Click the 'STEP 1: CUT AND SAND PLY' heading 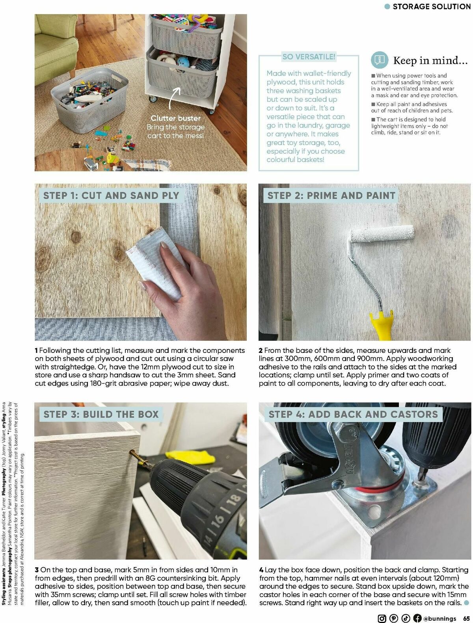tap(111, 196)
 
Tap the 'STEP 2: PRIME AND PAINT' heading tap(331, 196)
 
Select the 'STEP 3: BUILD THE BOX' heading tap(101, 414)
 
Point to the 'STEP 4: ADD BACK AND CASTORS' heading tap(353, 414)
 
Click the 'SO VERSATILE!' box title tap(309, 57)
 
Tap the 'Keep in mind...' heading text tap(430, 60)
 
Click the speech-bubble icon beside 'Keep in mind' tap(380, 60)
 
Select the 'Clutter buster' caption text tap(175, 118)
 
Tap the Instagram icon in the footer tap(382, 618)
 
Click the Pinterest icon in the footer tap(393, 618)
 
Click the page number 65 tap(466, 618)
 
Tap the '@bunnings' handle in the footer tap(440, 618)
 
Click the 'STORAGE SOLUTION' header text tap(432, 6)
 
